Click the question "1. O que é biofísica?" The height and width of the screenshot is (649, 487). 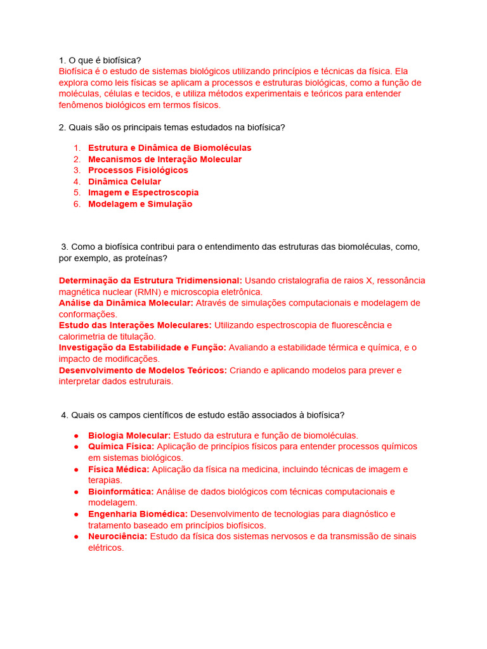coord(100,60)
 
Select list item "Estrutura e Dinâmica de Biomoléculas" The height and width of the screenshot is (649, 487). coord(169,148)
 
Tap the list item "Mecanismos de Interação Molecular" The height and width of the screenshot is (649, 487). coord(164,159)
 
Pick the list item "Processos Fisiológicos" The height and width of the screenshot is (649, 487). coord(138,170)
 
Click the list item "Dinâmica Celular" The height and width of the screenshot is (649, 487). coord(124,182)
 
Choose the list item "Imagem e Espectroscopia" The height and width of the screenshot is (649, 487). coord(143,193)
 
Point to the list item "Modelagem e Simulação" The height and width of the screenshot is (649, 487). coord(140,204)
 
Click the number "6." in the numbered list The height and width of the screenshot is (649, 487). coord(77,204)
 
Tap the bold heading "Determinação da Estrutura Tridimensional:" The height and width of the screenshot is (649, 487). coord(150,280)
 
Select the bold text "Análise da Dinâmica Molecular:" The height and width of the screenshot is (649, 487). coord(126,303)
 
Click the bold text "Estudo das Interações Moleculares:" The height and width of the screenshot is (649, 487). coord(135,325)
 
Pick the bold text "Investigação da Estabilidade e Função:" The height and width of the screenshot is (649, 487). coord(142,347)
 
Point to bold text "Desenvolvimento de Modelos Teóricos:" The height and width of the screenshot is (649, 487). coord(143,370)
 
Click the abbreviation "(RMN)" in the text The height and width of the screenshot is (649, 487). coord(147,292)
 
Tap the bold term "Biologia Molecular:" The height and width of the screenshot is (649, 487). coord(129,435)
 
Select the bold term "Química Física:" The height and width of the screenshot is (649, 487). coord(121,446)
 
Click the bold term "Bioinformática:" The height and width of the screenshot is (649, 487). coord(120,491)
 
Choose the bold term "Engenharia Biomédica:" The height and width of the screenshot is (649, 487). coord(138,514)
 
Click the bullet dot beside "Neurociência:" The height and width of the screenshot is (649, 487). coord(76,536)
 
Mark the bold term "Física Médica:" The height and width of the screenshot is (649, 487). coord(119,469)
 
